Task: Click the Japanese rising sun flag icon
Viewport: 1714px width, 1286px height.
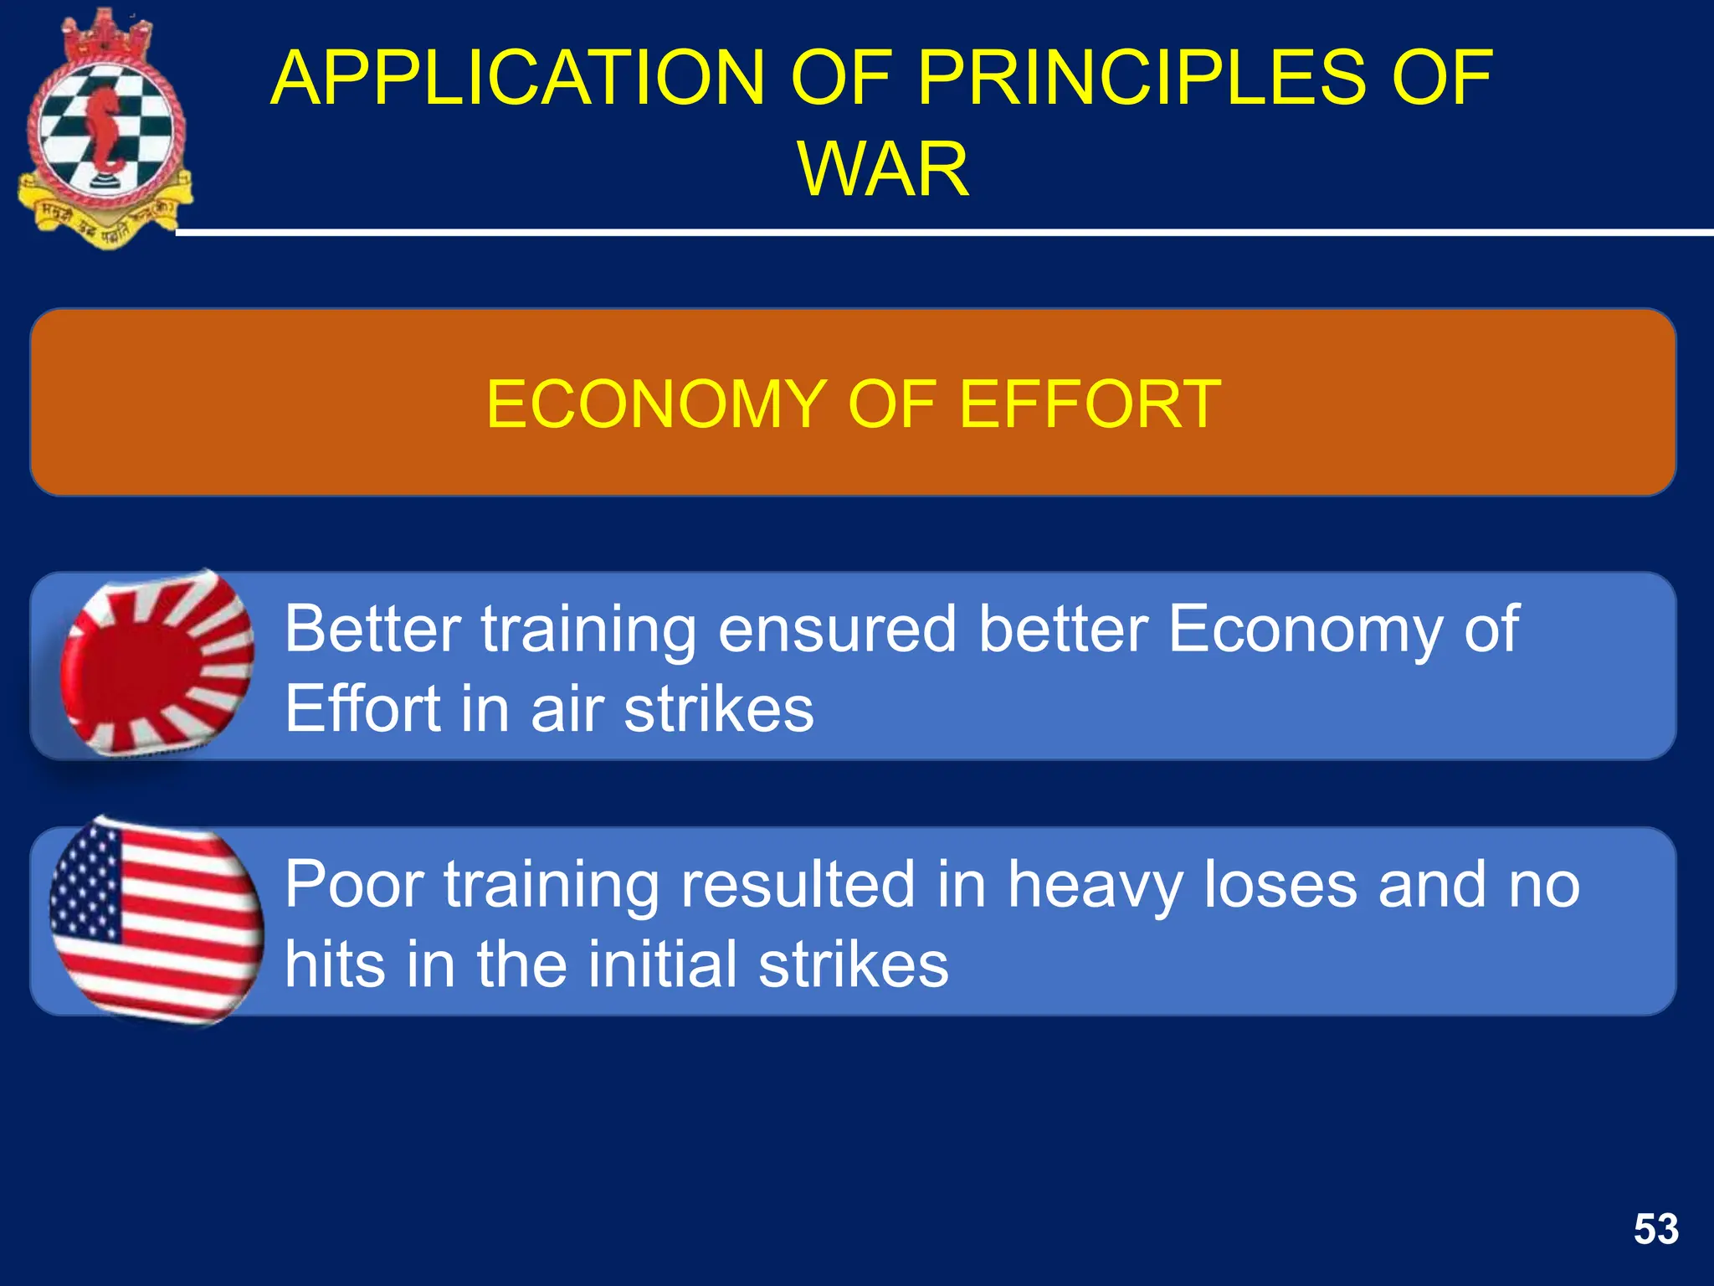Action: [157, 663]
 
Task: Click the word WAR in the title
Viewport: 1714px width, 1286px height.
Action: [883, 169]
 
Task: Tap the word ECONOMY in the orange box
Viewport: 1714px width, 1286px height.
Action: [657, 404]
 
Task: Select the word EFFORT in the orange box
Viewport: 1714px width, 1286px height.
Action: [1090, 404]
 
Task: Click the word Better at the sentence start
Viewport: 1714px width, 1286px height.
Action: [372, 629]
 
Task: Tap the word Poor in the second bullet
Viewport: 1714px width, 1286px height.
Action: [352, 884]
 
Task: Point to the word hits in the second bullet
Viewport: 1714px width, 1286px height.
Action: [335, 964]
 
